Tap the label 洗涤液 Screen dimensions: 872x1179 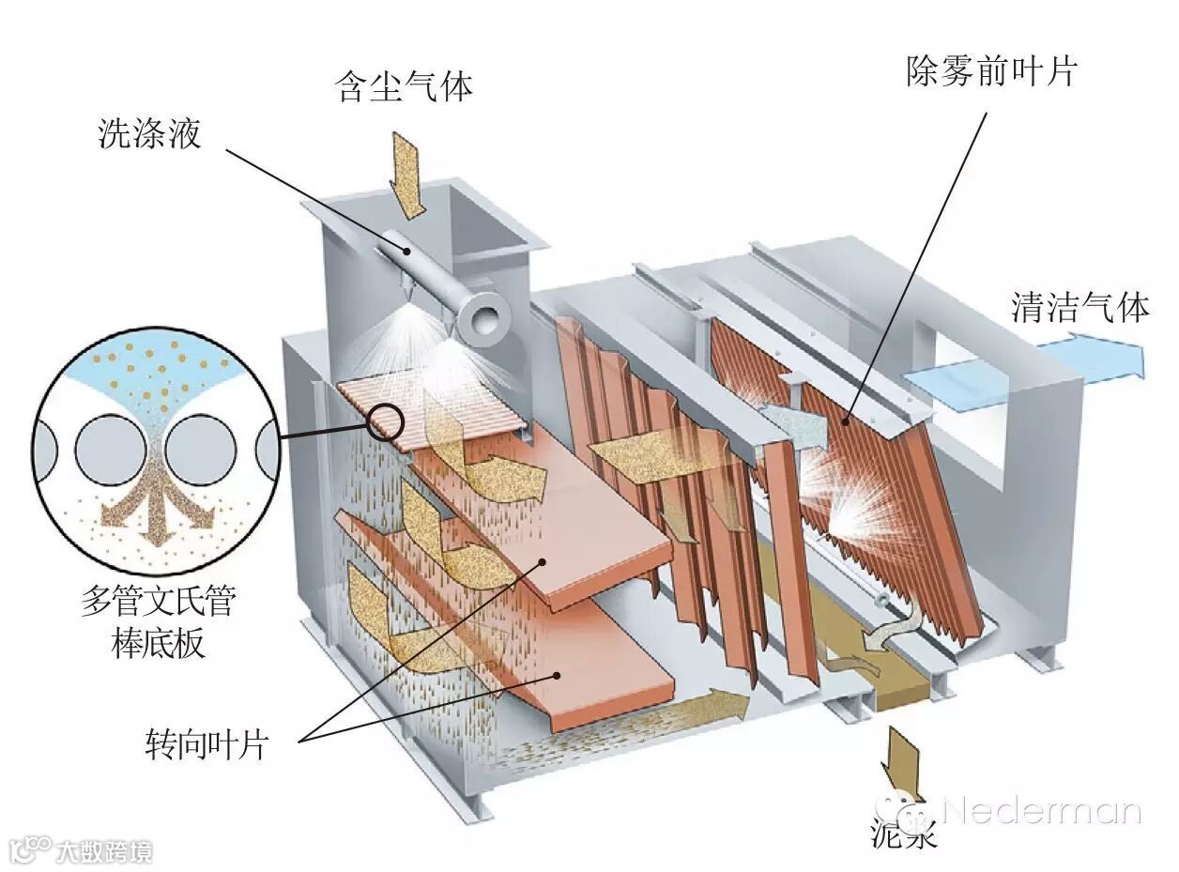click(x=150, y=133)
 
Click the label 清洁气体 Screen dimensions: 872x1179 click(x=1079, y=307)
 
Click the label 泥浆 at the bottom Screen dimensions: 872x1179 click(x=904, y=834)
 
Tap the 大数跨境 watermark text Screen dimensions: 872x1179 click(x=103, y=851)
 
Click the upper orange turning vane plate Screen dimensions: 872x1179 click(x=563, y=544)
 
